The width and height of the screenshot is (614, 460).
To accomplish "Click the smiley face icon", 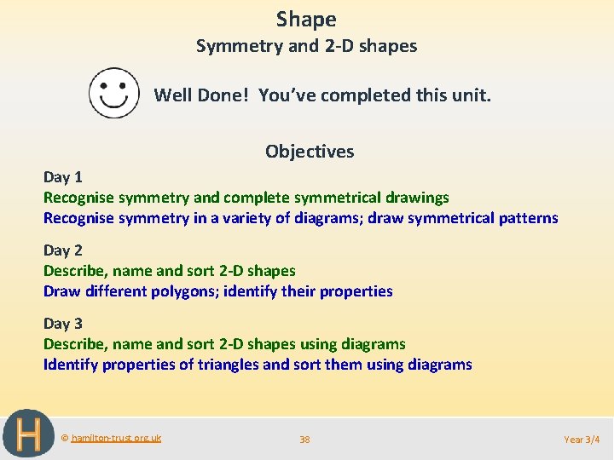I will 114,94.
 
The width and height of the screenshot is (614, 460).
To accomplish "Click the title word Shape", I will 306,19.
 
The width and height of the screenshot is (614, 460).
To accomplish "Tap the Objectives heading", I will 310,152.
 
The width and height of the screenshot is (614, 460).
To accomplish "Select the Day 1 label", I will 63,177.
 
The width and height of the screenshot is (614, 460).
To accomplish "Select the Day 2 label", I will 63,250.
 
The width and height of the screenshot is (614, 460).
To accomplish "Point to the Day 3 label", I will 63,324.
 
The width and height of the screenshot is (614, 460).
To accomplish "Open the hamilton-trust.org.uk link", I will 116,438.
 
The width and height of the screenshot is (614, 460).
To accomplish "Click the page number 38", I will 304,440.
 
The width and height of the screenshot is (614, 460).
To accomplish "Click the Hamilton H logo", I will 23,434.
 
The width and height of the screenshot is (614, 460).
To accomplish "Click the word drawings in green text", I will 417,198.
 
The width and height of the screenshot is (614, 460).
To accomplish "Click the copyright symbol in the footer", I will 65,438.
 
